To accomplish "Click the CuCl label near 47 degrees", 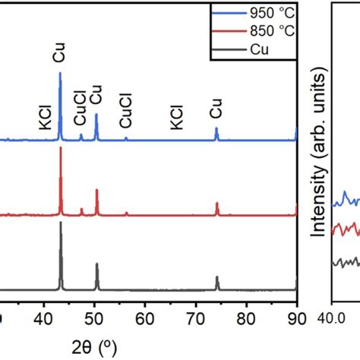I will [80, 115].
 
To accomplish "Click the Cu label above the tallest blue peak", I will [59, 56].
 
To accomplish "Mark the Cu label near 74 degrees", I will [216, 111].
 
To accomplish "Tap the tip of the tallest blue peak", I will [60, 73].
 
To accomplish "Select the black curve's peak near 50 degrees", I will [96, 264].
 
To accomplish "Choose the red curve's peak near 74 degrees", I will [217, 204].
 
